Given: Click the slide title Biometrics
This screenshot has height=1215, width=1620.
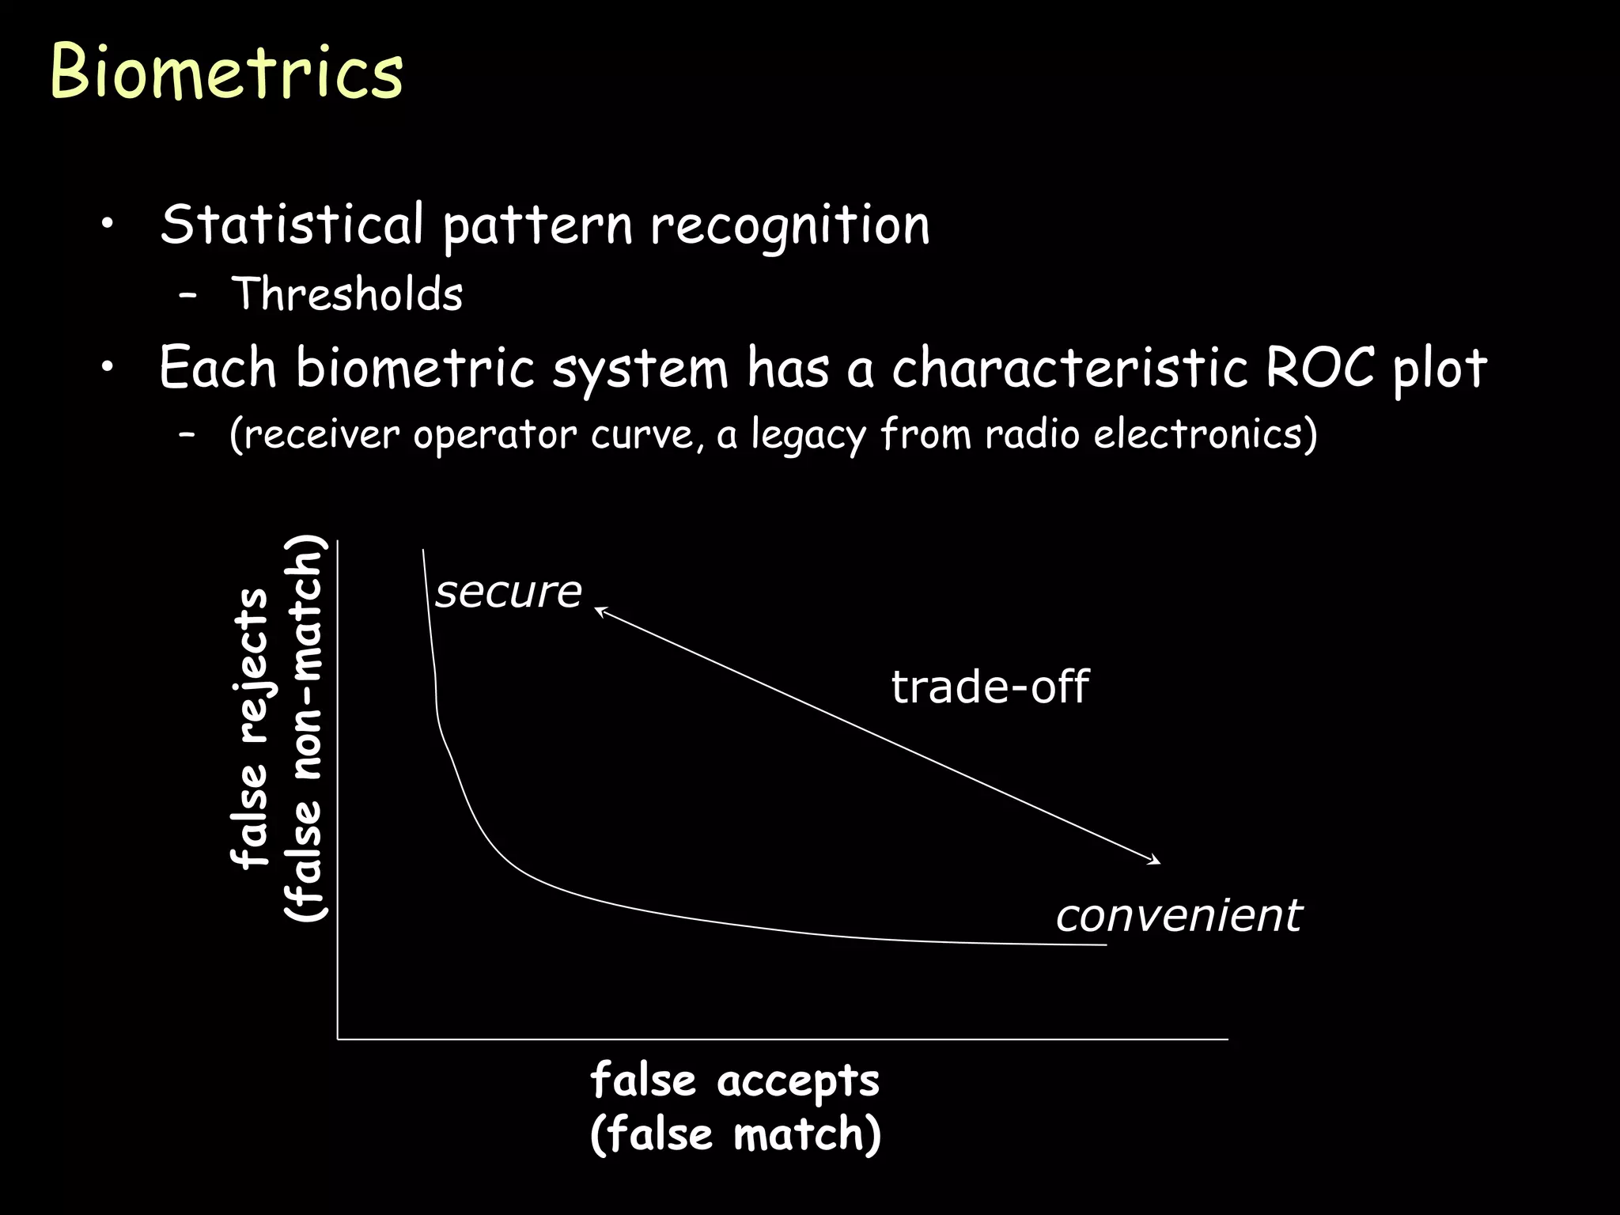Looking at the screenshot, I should (x=226, y=73).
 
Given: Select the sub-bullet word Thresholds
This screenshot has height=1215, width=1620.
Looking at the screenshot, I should (x=346, y=294).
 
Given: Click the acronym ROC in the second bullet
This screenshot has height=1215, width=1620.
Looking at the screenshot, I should (x=1319, y=368).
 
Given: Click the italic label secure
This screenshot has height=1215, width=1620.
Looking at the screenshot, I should (x=508, y=592).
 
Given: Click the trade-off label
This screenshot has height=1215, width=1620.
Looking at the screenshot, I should (x=990, y=686).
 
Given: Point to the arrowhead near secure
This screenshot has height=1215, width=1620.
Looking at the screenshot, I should (x=599, y=610).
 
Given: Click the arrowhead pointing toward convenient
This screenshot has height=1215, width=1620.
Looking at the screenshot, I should (x=1156, y=861).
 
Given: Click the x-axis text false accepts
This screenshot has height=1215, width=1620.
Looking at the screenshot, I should (x=735, y=1081).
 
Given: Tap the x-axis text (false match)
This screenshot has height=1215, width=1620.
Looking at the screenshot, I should (x=735, y=1134).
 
